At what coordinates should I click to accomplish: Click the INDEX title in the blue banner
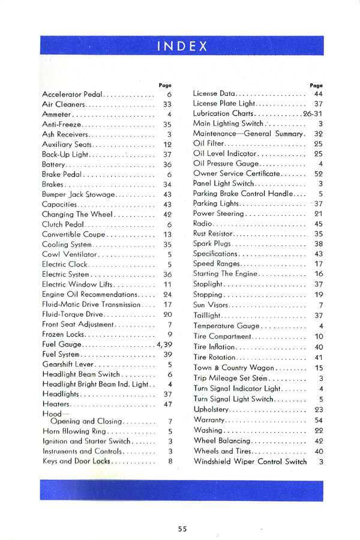[x=182, y=46]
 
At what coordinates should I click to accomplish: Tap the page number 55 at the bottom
[x=182, y=529]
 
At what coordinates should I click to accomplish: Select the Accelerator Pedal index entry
[x=72, y=94]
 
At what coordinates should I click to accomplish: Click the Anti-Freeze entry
[x=61, y=124]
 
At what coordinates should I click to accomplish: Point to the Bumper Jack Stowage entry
[x=79, y=194]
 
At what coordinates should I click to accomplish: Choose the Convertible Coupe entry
[x=73, y=234]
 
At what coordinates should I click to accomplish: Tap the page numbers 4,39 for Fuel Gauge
[x=164, y=344]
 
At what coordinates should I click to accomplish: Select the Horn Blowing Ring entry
[x=73, y=431]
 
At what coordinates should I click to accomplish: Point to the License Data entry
[x=214, y=94]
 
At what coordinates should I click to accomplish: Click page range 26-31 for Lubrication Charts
[x=313, y=113]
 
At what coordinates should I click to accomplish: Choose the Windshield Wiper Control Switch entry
[x=250, y=461]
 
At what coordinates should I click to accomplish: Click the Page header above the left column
[x=165, y=85]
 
